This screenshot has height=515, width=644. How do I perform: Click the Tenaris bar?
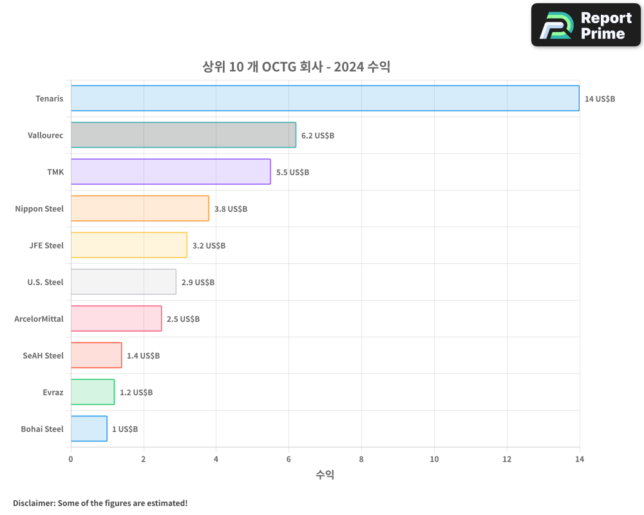[325, 98]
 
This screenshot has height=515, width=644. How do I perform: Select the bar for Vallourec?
[183, 135]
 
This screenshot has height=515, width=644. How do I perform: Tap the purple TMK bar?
[171, 172]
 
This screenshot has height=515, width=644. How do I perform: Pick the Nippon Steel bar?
[140, 209]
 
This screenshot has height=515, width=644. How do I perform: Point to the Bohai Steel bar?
[89, 429]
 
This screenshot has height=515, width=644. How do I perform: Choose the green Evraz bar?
[93, 392]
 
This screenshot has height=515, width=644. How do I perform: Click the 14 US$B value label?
[600, 99]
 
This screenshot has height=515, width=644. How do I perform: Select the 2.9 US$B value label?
[198, 283]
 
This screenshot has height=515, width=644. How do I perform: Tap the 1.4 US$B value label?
[143, 356]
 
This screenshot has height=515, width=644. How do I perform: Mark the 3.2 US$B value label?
[209, 246]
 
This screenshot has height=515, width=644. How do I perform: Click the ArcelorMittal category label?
[39, 319]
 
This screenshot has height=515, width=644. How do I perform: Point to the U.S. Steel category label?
[45, 282]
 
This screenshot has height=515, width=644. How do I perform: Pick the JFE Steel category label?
[46, 245]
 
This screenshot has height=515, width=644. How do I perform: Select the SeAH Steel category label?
[43, 355]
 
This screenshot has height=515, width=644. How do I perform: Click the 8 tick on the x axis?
[361, 460]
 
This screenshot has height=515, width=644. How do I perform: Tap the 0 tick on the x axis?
[71, 460]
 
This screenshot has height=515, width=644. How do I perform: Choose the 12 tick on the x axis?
[507, 460]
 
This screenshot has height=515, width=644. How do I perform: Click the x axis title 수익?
[325, 475]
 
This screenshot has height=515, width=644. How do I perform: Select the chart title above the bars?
[296, 67]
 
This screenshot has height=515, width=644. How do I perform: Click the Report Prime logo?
[586, 25]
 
